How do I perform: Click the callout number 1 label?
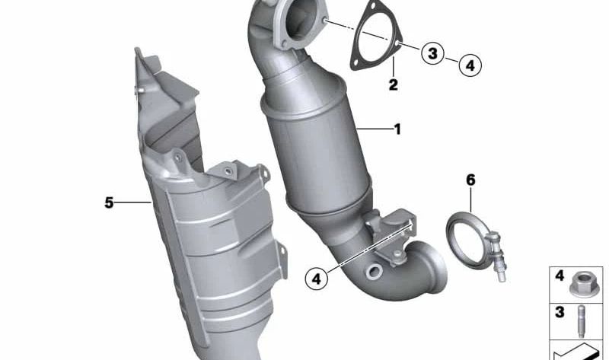(397, 129)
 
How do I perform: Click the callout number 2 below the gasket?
(393, 84)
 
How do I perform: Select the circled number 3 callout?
(432, 53)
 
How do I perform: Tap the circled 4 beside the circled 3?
(470, 65)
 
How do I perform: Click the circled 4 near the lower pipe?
(317, 279)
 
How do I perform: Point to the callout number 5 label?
(109, 202)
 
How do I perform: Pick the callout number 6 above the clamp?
(470, 180)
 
